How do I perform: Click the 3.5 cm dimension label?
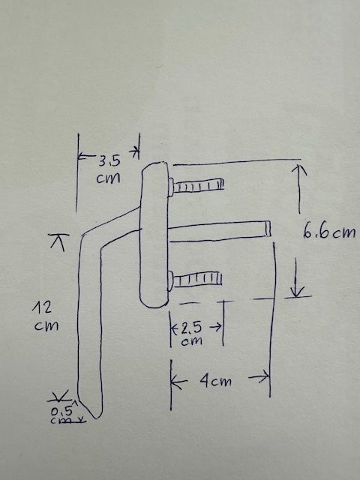[x=108, y=169]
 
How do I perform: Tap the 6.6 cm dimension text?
[x=329, y=232]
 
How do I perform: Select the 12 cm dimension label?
[x=46, y=316]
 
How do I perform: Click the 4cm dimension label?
[x=216, y=381]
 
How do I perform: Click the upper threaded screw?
[x=196, y=185]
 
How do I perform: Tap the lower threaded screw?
[x=195, y=280]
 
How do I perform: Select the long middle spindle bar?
[x=219, y=231]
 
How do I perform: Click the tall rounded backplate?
[x=154, y=234]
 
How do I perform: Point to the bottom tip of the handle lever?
[x=97, y=418]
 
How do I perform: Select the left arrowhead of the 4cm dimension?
[x=176, y=382]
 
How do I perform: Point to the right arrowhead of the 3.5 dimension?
[x=135, y=151]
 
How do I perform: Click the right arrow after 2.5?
[x=216, y=327]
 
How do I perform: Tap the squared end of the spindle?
[x=268, y=229]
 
